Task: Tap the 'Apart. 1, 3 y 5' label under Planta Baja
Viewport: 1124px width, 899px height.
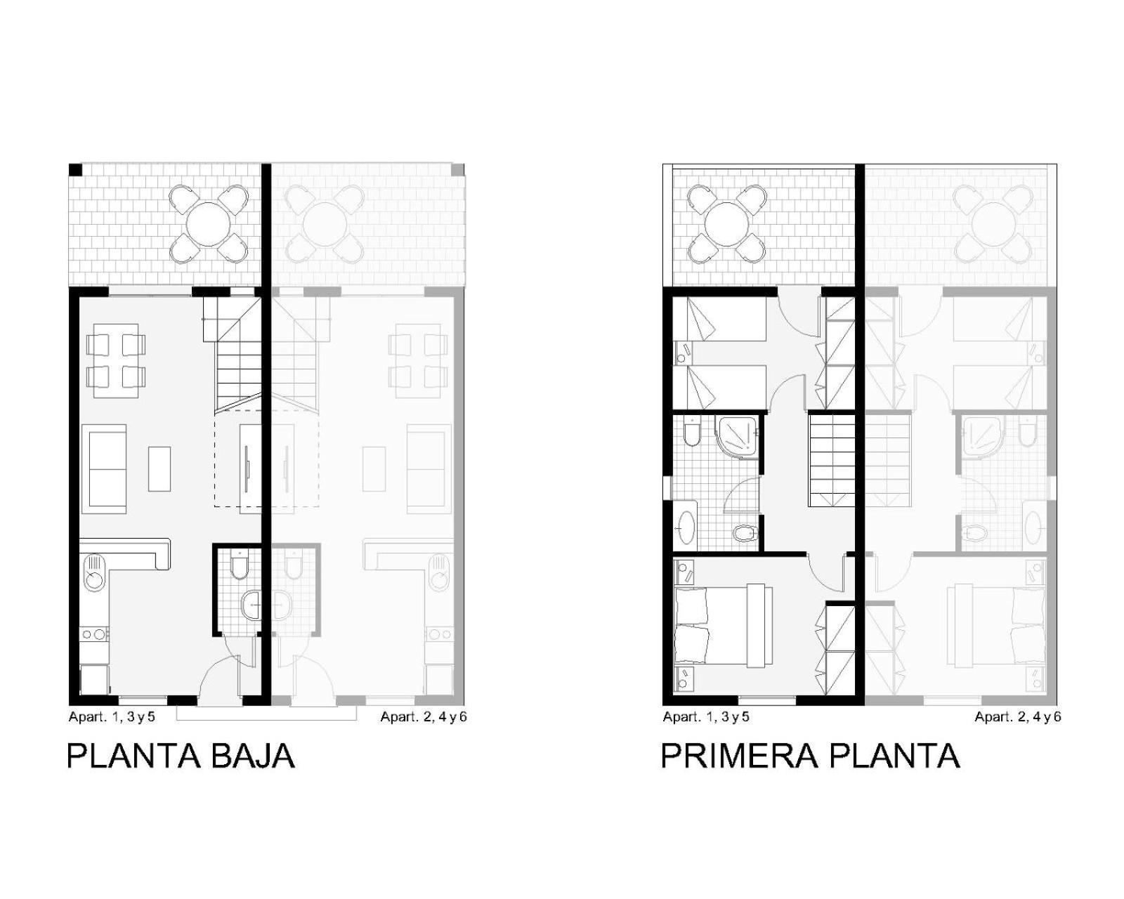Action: [112, 716]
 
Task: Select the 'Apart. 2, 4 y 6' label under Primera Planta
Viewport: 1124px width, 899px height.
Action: [1018, 716]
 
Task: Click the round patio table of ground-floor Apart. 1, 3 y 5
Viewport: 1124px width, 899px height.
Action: [209, 225]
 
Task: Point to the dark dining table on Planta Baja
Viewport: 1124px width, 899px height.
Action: [116, 360]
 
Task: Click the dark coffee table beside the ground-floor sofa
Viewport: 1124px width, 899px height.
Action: [159, 468]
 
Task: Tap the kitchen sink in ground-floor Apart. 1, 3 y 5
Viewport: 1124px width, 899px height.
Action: [95, 572]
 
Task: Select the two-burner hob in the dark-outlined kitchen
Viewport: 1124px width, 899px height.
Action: [95, 634]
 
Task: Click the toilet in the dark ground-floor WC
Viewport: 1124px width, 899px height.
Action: [240, 565]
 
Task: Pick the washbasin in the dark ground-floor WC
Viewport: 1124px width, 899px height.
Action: [251, 605]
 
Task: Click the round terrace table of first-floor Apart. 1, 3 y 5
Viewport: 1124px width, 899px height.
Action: [726, 225]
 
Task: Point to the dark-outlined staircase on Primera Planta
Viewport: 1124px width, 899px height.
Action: [832, 460]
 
